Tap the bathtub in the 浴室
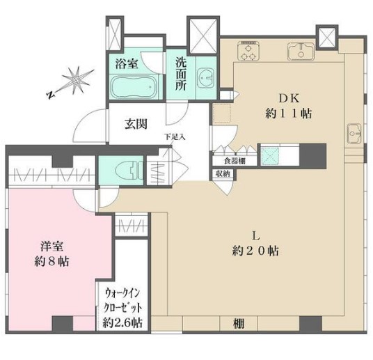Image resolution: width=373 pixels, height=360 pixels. click(136, 88)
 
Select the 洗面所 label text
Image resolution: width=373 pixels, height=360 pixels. click(181, 69)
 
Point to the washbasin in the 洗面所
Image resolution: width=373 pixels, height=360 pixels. click(205, 79)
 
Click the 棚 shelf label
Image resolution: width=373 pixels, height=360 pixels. click(239, 322)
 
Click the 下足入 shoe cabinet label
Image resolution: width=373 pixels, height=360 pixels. click(174, 136)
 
